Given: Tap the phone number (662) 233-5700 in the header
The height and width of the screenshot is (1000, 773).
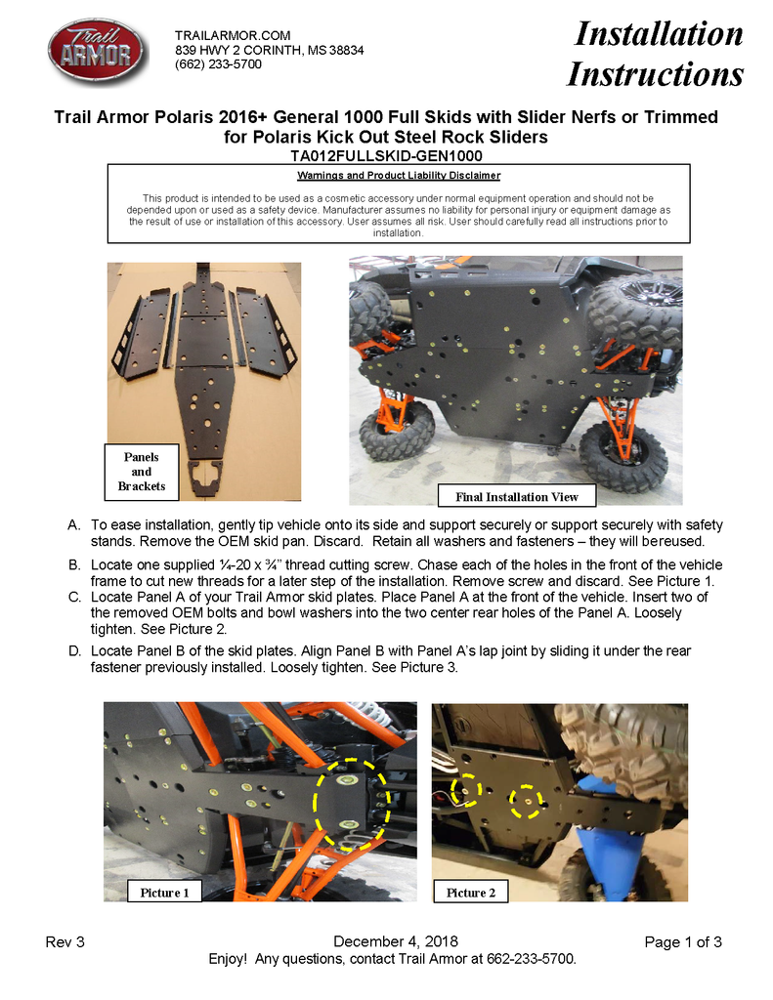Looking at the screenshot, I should pos(218,64).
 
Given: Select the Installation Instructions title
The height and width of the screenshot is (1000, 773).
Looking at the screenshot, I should pos(656,54).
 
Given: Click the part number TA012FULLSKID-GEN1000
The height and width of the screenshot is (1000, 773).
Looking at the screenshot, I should pos(386,155).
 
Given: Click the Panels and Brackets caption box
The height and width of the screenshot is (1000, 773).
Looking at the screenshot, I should pos(142,472).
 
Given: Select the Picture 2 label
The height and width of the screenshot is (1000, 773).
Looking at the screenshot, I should pos(471,893).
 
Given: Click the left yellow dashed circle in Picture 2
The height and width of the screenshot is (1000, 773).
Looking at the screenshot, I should pos(468,788).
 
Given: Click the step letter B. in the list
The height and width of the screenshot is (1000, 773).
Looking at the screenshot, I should pos(74,565).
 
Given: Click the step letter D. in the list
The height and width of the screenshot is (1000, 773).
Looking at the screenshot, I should pos(74,649).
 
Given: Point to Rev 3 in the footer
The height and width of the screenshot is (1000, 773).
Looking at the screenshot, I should pos(65,942).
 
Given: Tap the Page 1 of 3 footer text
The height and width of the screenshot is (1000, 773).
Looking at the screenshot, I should pos(683,942).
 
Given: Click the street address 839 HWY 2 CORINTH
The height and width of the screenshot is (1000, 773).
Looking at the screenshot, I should pos(270,50).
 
